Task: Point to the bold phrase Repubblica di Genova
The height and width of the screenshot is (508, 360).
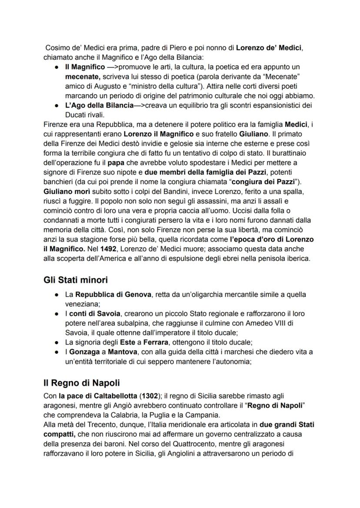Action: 113,295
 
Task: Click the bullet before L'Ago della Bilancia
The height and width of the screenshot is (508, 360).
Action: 57,106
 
